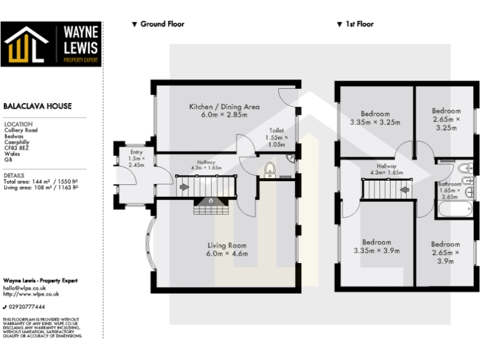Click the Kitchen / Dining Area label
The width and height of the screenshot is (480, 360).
(x=224, y=111)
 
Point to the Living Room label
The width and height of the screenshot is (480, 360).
(x=227, y=249)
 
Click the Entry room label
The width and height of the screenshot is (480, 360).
(x=136, y=158)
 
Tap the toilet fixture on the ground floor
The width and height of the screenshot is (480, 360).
(x=269, y=169)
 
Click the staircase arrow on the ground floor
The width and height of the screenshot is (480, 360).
(x=184, y=186)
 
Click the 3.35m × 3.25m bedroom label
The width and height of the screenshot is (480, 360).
(x=375, y=118)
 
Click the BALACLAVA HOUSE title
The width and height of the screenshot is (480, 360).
(x=37, y=107)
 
